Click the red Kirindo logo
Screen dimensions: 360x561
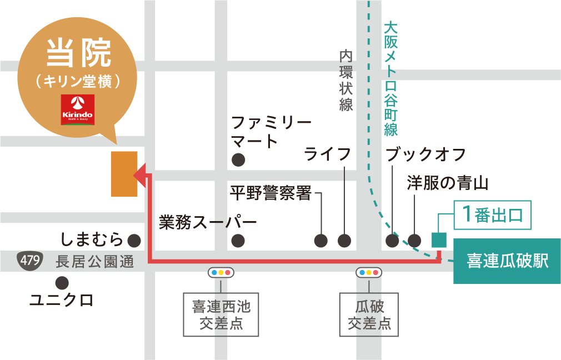point(77,109)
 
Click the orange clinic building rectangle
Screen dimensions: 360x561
point(124,174)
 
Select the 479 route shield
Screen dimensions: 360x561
point(28,261)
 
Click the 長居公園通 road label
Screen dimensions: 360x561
point(95,262)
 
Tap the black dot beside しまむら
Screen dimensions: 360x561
point(134,241)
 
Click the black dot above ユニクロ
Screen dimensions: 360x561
point(62,282)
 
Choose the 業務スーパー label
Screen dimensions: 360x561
point(208,223)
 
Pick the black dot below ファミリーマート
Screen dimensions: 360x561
point(238,160)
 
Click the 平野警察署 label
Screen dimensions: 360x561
point(271,193)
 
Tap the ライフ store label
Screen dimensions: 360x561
point(328,154)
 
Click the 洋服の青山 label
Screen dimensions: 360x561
point(447,183)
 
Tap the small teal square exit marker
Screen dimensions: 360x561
point(439,239)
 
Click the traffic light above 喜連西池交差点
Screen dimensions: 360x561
point(221,273)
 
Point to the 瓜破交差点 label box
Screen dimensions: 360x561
point(369,314)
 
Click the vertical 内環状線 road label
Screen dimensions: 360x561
point(346,81)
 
